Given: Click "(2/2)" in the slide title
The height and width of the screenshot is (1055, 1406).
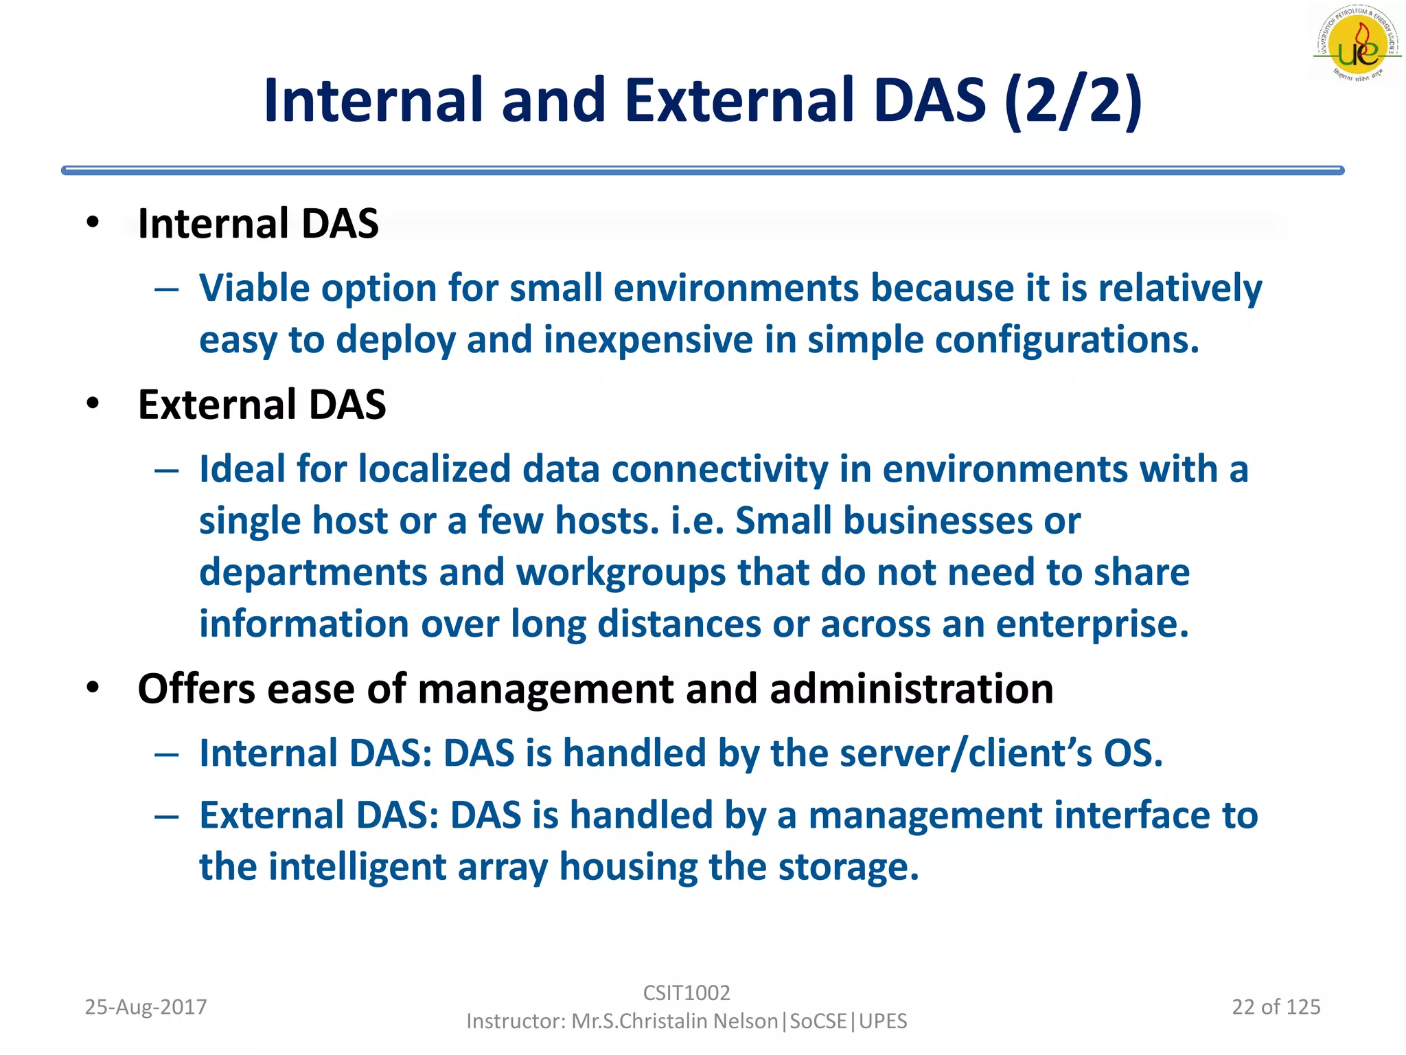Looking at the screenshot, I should [1073, 101].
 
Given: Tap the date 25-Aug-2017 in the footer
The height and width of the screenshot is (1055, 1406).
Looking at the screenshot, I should [146, 1007].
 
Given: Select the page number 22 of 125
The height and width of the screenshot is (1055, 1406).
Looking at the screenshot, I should [1276, 1007].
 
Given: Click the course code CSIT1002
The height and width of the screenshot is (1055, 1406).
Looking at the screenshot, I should [686, 992].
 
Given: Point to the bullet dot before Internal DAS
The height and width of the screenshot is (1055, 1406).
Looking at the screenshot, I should [93, 223].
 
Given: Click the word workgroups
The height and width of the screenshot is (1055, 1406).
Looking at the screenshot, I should [621, 573].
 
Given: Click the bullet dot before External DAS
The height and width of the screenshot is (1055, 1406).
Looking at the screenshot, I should [93, 404].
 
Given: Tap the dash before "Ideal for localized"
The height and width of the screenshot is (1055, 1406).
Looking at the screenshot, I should [167, 471].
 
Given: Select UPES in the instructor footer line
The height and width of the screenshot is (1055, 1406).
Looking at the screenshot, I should [883, 1021].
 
